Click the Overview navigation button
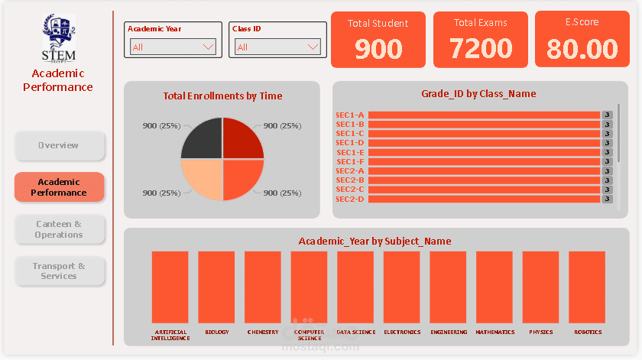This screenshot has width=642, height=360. pyautogui.click(x=59, y=145)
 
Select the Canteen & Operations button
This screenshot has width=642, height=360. pyautogui.click(x=59, y=229)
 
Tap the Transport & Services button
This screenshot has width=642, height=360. pyautogui.click(x=59, y=271)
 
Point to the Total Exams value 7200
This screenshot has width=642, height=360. pyautogui.click(x=481, y=49)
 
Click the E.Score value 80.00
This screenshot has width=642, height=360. pyautogui.click(x=582, y=49)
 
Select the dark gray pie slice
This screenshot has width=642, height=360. pyautogui.click(x=202, y=139)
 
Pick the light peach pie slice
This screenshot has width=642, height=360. pyautogui.click(x=202, y=180)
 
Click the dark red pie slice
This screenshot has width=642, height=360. pyautogui.click(x=242, y=139)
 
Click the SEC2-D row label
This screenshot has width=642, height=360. pyautogui.click(x=350, y=199)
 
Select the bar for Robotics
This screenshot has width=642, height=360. pyautogui.click(x=587, y=287)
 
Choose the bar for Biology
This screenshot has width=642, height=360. pyautogui.click(x=216, y=287)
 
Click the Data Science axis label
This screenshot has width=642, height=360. pyautogui.click(x=356, y=332)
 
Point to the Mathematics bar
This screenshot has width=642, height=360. pyautogui.click(x=494, y=287)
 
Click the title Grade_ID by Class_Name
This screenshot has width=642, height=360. pyautogui.click(x=478, y=94)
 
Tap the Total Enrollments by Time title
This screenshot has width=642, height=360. pyautogui.click(x=222, y=96)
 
